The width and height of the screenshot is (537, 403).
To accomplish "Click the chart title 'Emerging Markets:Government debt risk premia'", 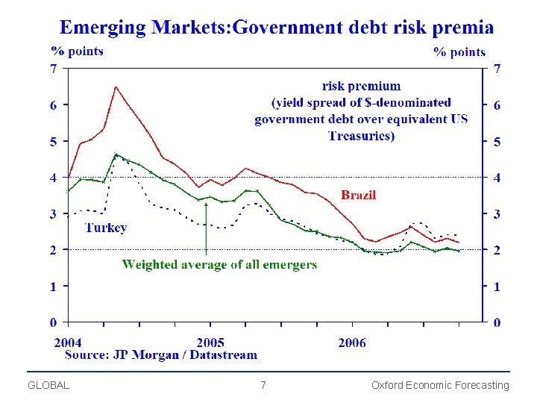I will pyautogui.click(x=276, y=28).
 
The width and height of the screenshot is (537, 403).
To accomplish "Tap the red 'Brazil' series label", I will pyautogui.click(x=358, y=196).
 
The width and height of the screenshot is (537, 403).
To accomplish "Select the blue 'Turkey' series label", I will pyautogui.click(x=105, y=228).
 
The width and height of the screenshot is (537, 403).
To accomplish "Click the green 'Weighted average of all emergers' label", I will pyautogui.click(x=219, y=265).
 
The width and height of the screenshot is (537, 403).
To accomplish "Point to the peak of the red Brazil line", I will pyautogui.click(x=116, y=87).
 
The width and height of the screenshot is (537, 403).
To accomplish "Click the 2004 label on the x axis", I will pyautogui.click(x=68, y=343).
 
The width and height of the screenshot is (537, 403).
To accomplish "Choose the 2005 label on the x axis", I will pyautogui.click(x=210, y=343).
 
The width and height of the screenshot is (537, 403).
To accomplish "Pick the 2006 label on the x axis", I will pyautogui.click(x=352, y=343).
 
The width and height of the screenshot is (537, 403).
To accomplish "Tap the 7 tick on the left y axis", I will pyautogui.click(x=53, y=69).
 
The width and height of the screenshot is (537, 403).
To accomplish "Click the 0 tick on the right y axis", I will pyautogui.click(x=497, y=322).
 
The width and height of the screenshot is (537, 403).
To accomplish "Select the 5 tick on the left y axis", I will pyautogui.click(x=53, y=141).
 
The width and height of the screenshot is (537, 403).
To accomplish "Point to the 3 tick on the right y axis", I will pyautogui.click(x=497, y=214).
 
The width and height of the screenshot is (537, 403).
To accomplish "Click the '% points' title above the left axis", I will pyautogui.click(x=77, y=51).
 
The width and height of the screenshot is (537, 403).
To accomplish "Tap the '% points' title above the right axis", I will pyautogui.click(x=459, y=51).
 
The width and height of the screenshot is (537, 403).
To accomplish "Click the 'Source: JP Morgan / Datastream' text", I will pyautogui.click(x=161, y=355).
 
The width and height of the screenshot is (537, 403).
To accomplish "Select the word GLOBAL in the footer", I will pyautogui.click(x=48, y=385).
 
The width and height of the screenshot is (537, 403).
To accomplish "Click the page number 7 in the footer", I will pyautogui.click(x=263, y=385).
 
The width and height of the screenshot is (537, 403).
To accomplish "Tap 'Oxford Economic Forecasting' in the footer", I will pyautogui.click(x=440, y=385).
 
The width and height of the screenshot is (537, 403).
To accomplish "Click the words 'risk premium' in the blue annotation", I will pyautogui.click(x=361, y=87).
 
